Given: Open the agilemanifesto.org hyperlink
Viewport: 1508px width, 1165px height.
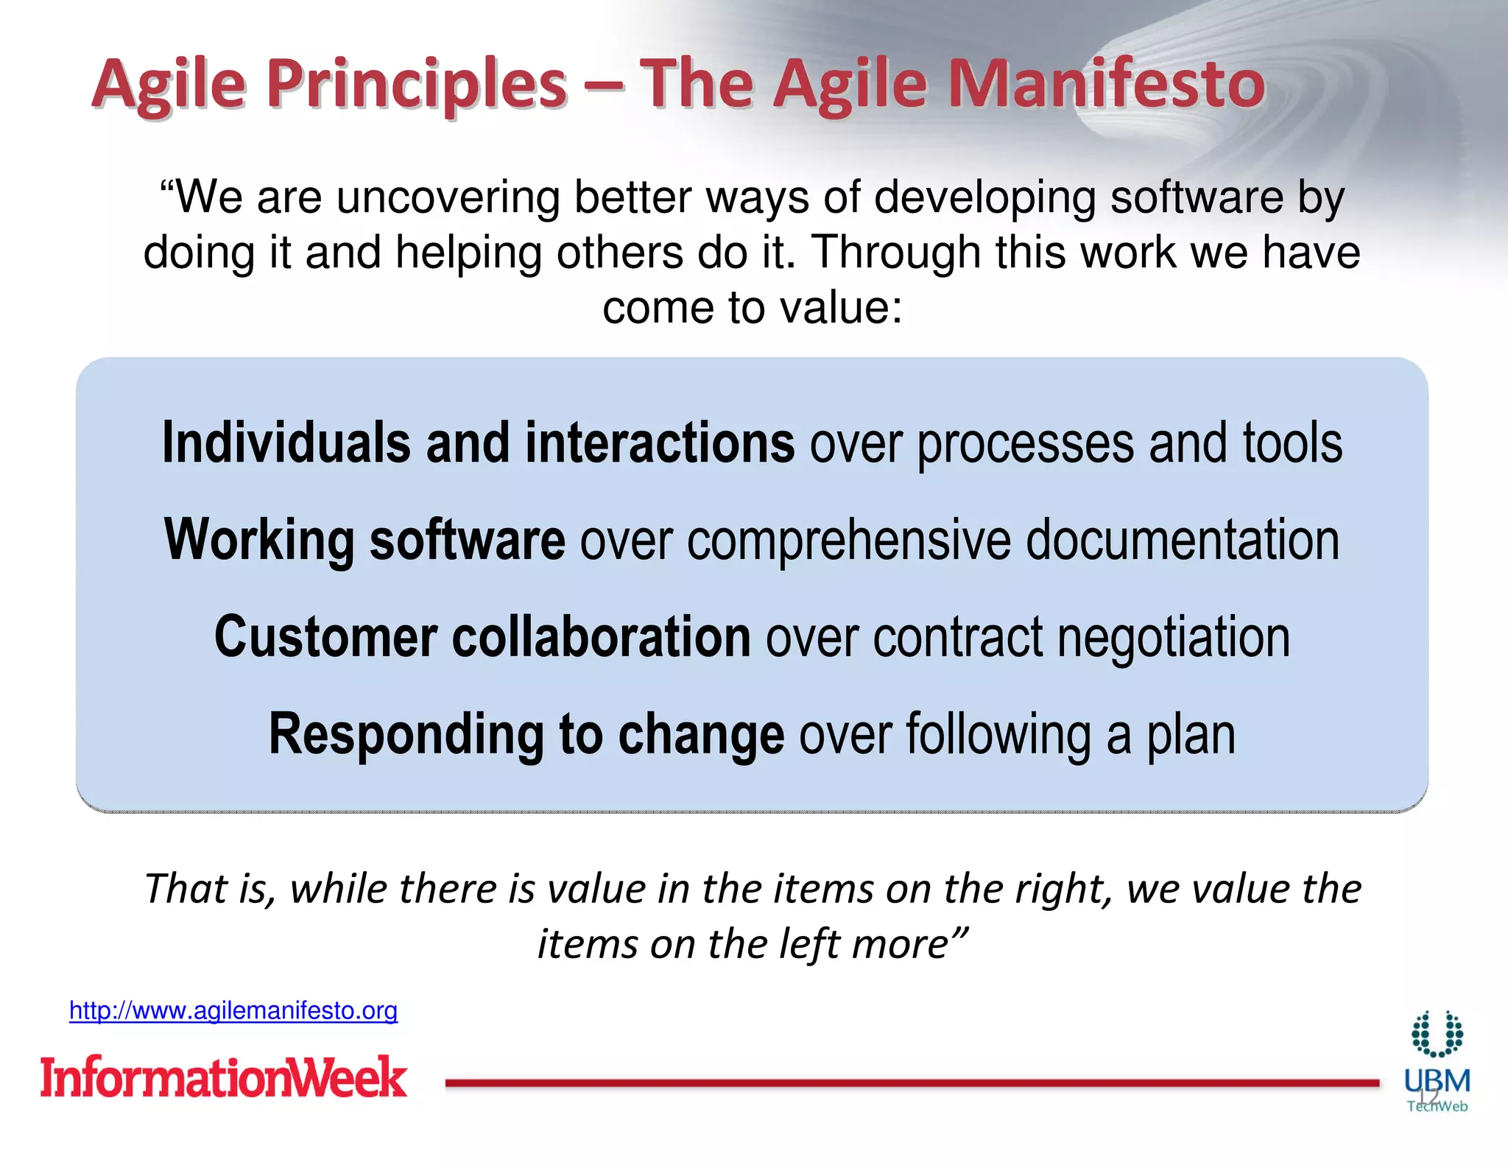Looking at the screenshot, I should tap(233, 1010).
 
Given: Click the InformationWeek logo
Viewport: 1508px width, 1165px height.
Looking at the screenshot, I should tap(223, 1077).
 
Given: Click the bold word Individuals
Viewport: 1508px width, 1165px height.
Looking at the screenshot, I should tap(286, 443).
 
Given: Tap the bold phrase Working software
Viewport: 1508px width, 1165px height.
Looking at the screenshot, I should tap(364, 540).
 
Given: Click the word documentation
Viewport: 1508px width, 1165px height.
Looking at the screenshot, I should tap(1182, 540).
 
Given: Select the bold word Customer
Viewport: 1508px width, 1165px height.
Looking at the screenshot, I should tap(325, 637).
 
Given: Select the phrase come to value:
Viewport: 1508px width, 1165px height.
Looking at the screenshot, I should tap(753, 307).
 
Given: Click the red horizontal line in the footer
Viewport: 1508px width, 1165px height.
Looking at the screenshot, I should tap(912, 1083).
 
